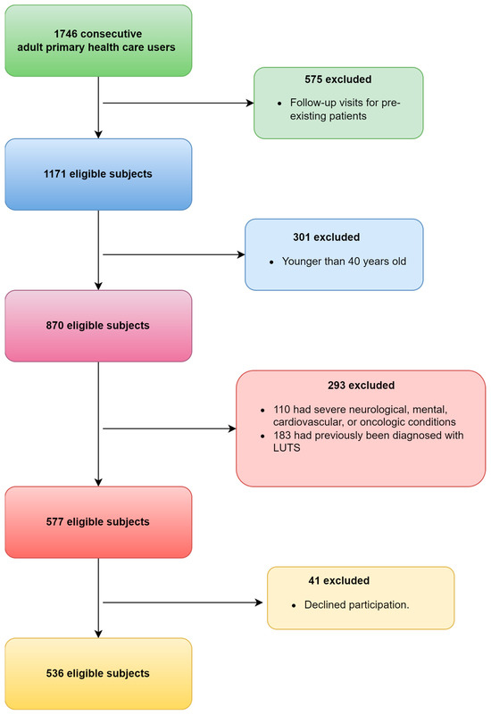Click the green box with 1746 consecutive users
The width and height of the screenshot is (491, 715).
(97, 40)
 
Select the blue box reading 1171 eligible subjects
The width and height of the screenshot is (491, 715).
(97, 173)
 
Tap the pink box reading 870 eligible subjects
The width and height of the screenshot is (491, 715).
(97, 325)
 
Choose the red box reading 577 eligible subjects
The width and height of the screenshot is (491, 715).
(97, 521)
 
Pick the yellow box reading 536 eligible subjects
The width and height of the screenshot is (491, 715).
(97, 673)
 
